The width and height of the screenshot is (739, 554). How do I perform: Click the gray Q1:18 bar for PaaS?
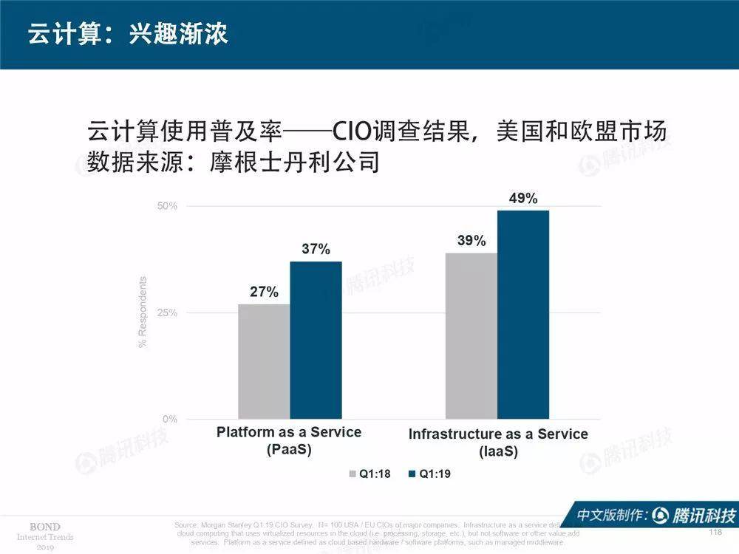click(x=264, y=361)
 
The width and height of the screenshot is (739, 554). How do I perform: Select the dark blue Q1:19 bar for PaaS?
click(x=316, y=340)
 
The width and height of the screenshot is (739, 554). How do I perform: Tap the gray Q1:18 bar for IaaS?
click(x=471, y=335)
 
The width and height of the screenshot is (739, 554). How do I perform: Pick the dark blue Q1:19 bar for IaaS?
click(x=523, y=314)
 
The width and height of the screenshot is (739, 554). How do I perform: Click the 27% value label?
click(x=264, y=292)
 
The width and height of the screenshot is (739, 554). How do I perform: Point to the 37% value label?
click(x=316, y=250)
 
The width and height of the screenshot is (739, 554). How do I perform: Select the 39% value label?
click(x=471, y=241)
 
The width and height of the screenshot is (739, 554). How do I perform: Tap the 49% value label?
click(x=523, y=199)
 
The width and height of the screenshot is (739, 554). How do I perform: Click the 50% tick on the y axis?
click(x=167, y=205)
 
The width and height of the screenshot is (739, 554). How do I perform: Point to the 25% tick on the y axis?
click(x=167, y=312)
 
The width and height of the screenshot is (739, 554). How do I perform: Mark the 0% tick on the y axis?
click(x=170, y=419)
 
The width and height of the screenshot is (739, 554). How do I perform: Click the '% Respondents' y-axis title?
click(x=143, y=312)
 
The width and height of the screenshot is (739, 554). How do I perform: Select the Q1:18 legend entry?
click(x=371, y=473)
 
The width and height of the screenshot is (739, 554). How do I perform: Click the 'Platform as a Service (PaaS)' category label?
click(x=289, y=440)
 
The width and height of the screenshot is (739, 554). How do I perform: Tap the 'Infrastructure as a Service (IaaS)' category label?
click(x=498, y=442)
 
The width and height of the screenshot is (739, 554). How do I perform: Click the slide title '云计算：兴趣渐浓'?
click(x=128, y=35)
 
